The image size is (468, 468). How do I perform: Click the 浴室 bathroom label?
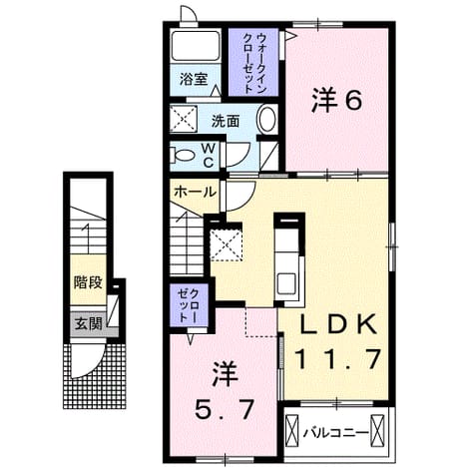pos(194,80)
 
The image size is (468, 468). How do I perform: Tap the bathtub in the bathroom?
pos(196,46)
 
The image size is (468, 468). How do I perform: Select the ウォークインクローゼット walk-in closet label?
pos(254,63)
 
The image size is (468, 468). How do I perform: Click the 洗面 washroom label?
pos(226,122)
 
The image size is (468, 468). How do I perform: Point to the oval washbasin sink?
pos(267,119)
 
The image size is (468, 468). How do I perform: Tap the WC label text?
pos(208,155)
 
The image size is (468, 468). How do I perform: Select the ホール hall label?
pos(196,192)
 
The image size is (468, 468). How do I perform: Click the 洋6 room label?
pos(336,101)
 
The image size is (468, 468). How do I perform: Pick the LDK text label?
pos(338,324)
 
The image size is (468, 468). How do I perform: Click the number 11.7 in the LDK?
pos(338,359)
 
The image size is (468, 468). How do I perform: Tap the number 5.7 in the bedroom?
pos(225,409)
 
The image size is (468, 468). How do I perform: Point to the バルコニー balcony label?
pos(336,433)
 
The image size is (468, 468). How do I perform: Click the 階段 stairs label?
pos(88,282)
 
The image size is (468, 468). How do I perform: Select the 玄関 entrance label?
pos(88,323)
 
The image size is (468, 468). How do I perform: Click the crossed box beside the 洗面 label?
pos(184,119)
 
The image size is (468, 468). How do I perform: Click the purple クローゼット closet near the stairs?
pos(189,305)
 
